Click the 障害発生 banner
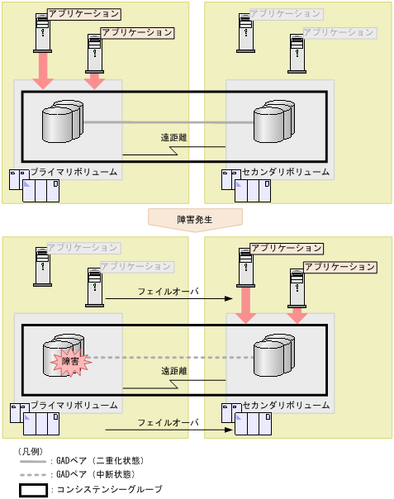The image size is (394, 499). [x=195, y=218]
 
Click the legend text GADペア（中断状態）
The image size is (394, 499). [x=94, y=474]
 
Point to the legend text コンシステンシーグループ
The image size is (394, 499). [x=107, y=489]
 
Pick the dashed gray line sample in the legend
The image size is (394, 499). [x=34, y=475]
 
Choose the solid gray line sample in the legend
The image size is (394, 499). [x=34, y=461]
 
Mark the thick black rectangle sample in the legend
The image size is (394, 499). [x=34, y=489]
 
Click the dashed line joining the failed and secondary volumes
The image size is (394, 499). [x=165, y=358]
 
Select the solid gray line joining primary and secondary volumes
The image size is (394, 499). [x=165, y=122]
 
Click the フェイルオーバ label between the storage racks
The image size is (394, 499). [x=168, y=422]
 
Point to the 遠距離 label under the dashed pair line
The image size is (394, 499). [x=173, y=373]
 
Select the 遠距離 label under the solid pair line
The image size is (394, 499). [x=173, y=138]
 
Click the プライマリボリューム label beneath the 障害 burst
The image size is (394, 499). [x=74, y=406]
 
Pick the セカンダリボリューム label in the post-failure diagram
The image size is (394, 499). [x=286, y=406]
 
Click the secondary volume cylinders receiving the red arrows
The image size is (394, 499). [x=273, y=355]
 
